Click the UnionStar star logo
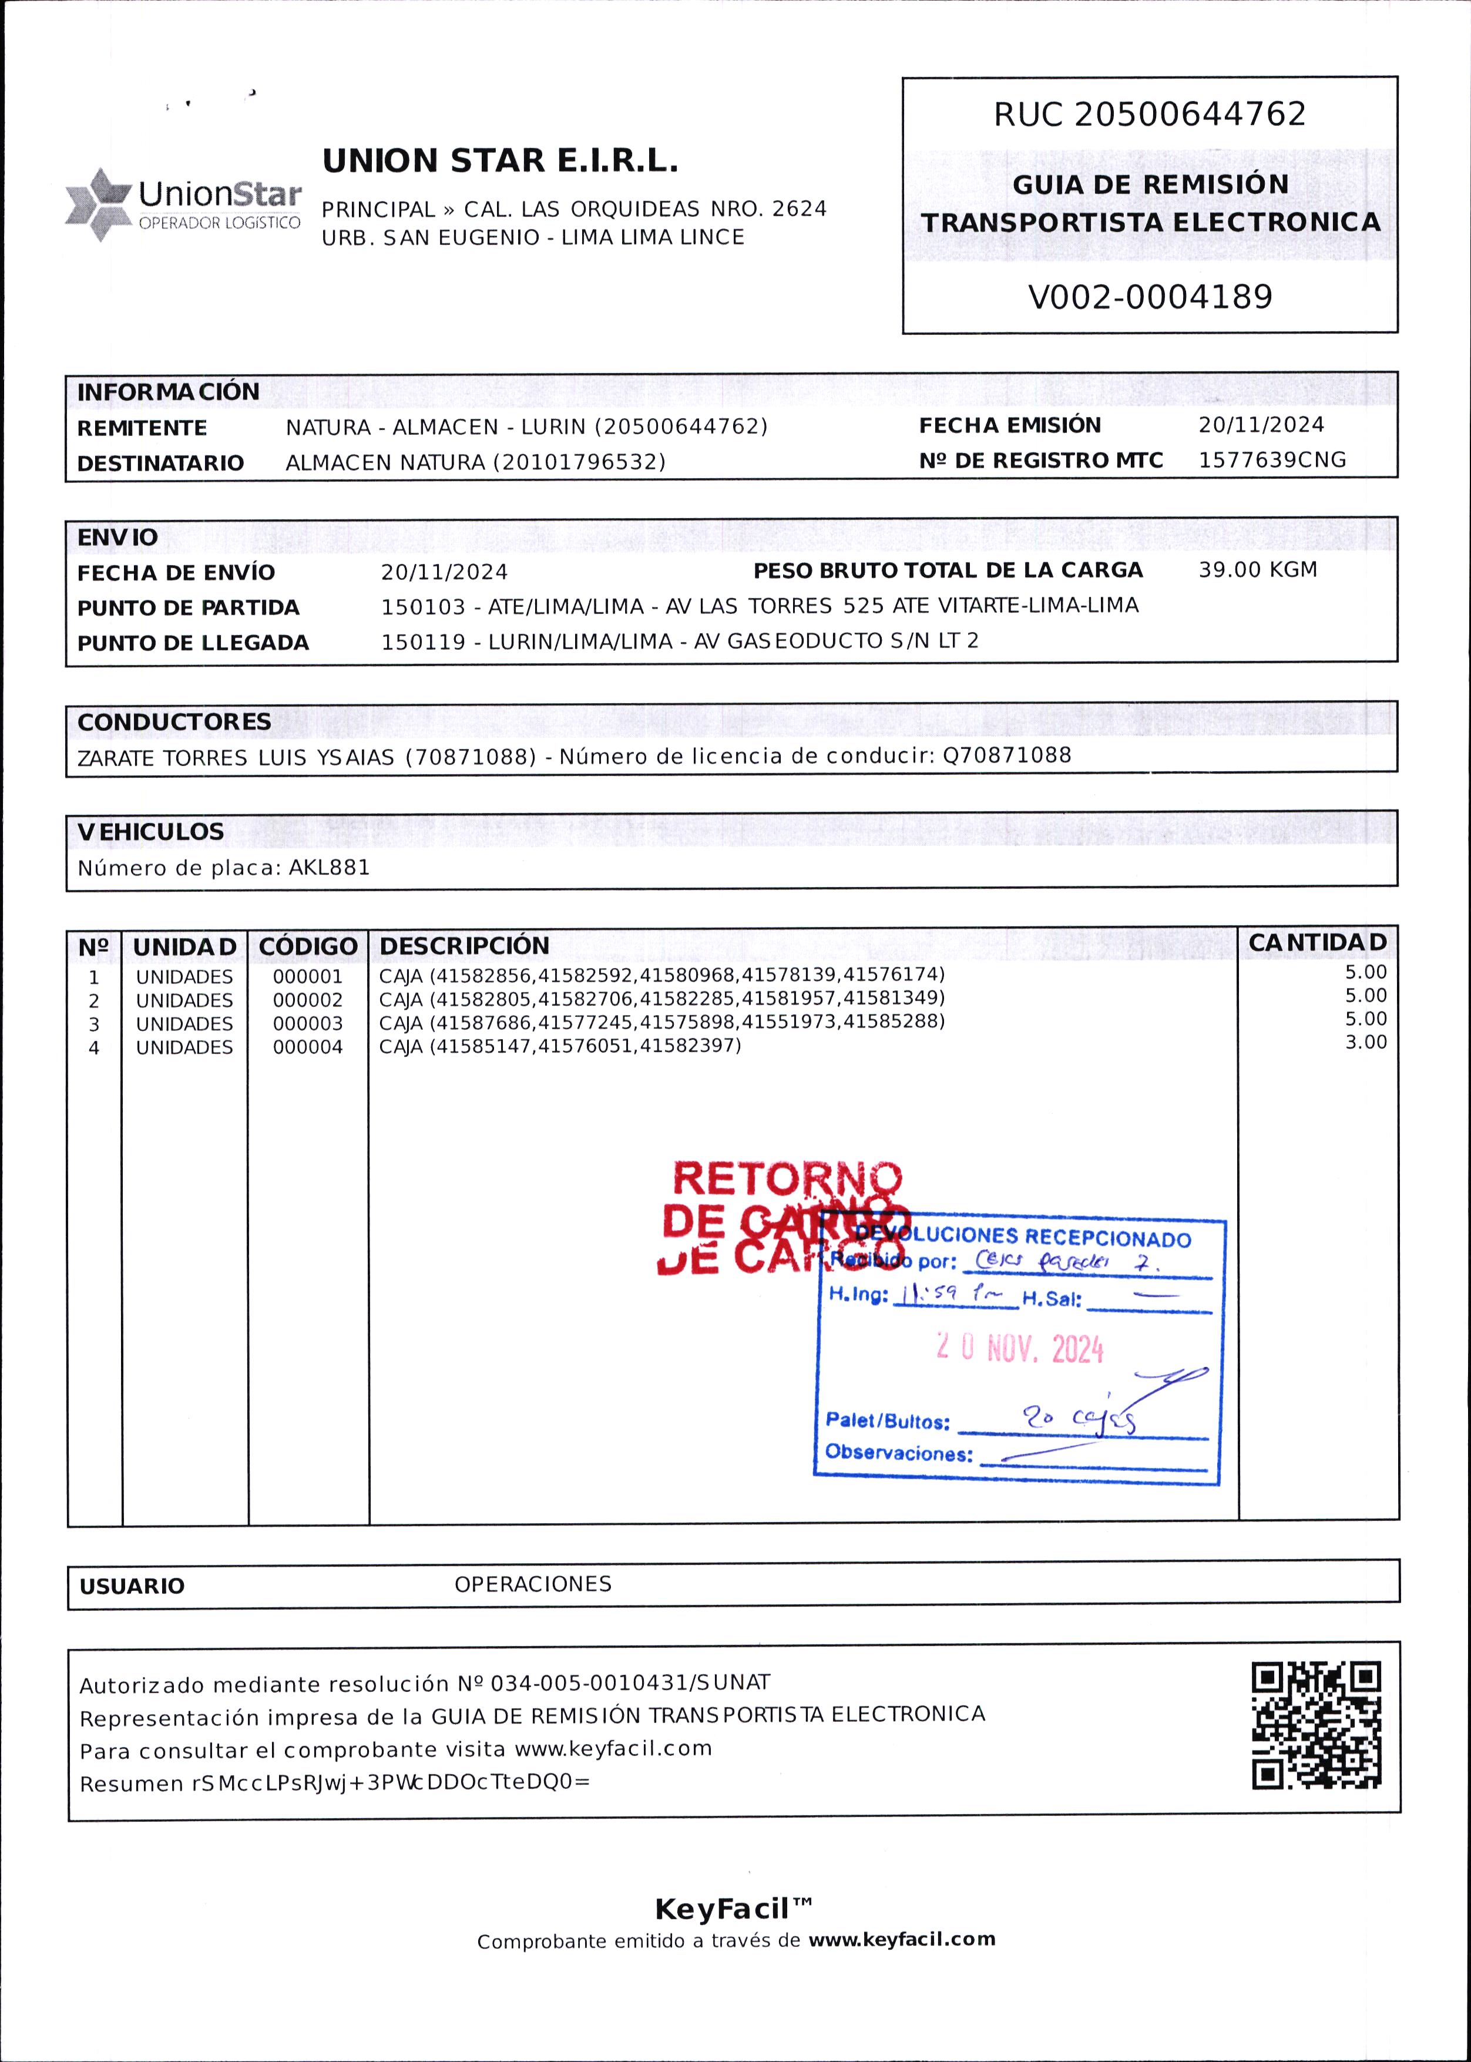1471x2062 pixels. click(99, 204)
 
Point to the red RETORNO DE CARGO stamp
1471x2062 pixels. click(784, 1218)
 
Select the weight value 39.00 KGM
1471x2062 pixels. click(1257, 570)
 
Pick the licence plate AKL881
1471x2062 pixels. click(329, 868)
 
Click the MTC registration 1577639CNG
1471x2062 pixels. click(1272, 460)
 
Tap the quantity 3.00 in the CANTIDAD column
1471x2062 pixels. click(1365, 1042)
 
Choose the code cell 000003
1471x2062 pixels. click(308, 1023)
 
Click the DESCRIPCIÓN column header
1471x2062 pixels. click(464, 945)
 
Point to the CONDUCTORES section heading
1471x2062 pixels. click(174, 722)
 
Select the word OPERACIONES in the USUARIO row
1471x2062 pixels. click(533, 1584)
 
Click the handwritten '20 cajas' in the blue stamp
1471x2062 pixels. click(1078, 1418)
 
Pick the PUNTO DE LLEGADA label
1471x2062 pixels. click(193, 643)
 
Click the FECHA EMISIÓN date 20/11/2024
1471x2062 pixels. click(1261, 425)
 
